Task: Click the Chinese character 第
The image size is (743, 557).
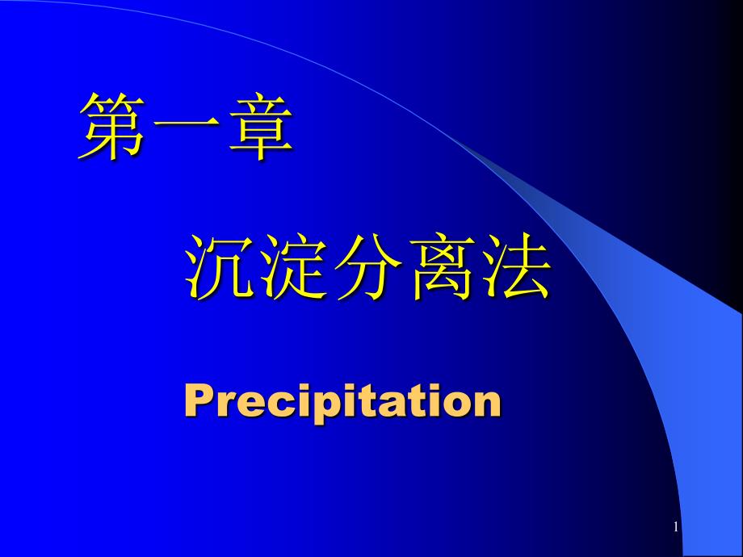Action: coord(111,126)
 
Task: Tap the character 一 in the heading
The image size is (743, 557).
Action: coord(187,125)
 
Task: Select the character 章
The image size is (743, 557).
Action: coord(261,126)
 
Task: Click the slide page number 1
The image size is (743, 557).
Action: coord(676,527)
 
